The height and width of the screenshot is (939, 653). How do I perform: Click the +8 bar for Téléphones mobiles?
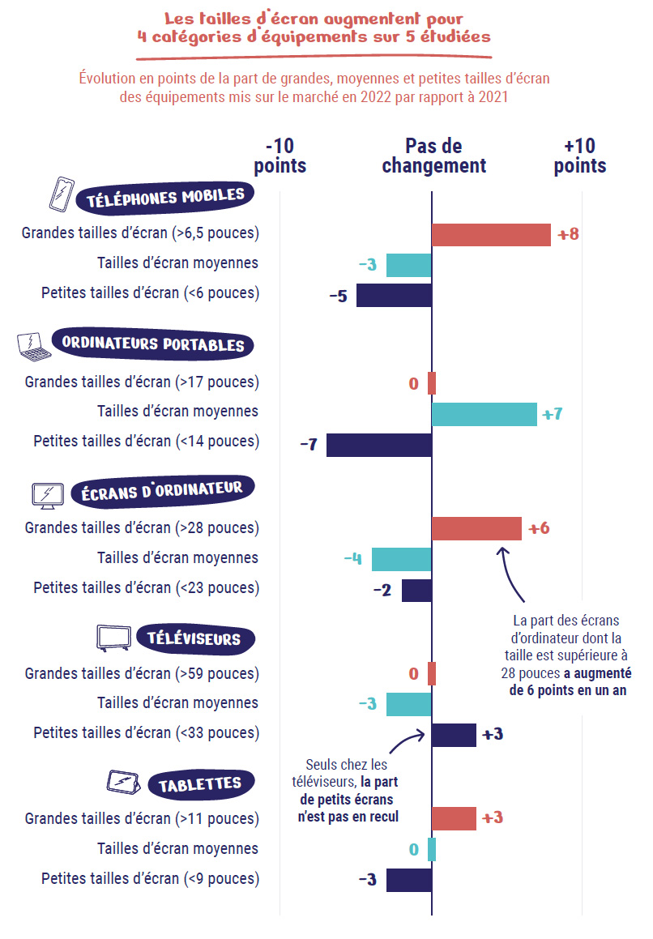pyautogui.click(x=491, y=235)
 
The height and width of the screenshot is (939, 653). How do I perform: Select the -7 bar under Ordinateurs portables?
pyautogui.click(x=378, y=445)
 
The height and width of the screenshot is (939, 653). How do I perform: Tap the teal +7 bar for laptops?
pyautogui.click(x=484, y=414)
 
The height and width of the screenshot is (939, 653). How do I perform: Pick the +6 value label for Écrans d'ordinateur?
pyautogui.click(x=539, y=529)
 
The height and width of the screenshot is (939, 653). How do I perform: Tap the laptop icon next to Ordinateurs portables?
pyautogui.click(x=34, y=345)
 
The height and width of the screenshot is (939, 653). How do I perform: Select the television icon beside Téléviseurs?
pyautogui.click(x=113, y=638)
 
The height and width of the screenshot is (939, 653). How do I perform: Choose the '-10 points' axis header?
pyautogui.click(x=280, y=156)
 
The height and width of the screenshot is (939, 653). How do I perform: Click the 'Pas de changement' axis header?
pyautogui.click(x=433, y=156)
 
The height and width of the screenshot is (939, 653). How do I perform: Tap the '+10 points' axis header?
pyautogui.click(x=579, y=156)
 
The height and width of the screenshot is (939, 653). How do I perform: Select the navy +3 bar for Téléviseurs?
pyautogui.click(x=453, y=735)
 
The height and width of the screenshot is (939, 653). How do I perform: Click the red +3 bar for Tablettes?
pyautogui.click(x=453, y=818)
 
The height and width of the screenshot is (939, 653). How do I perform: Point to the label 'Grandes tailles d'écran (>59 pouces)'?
pyautogui.click(x=142, y=673)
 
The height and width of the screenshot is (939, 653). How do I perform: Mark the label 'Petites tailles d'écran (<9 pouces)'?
pyautogui.click(x=150, y=878)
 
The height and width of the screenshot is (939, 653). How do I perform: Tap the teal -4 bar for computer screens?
pyautogui.click(x=401, y=559)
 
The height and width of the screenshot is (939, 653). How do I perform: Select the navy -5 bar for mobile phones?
pyautogui.click(x=393, y=295)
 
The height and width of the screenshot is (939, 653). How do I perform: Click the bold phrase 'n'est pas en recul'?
pyautogui.click(x=348, y=817)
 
